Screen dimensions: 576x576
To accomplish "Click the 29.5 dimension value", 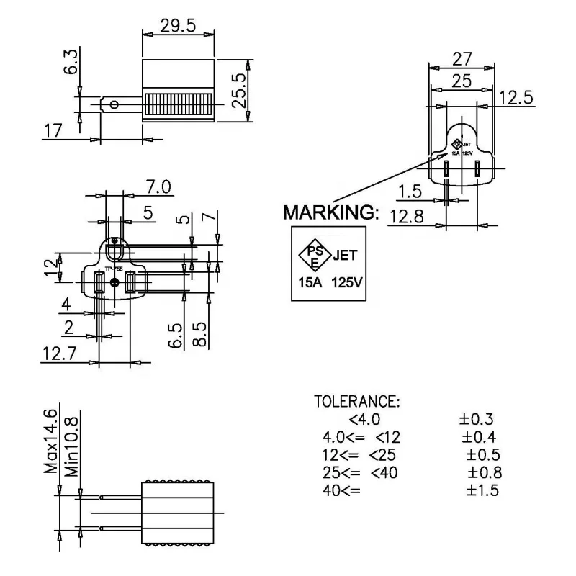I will click(x=178, y=25).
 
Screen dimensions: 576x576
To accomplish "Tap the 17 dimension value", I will click(x=53, y=130).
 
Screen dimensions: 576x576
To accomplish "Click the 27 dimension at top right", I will click(x=462, y=58).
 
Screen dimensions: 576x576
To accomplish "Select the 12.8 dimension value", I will click(x=406, y=215).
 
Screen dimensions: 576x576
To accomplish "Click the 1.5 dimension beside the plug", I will click(x=410, y=192).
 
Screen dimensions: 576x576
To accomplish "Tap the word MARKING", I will click(x=330, y=212).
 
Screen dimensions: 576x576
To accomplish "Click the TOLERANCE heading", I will click(x=357, y=401).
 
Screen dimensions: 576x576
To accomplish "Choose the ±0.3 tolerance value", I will click(x=477, y=420).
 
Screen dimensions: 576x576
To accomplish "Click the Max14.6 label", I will click(x=50, y=440).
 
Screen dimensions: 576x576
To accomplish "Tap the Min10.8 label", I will click(x=71, y=446).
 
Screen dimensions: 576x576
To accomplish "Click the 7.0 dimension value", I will click(x=158, y=187).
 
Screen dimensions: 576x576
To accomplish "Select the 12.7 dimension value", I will click(x=58, y=353).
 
